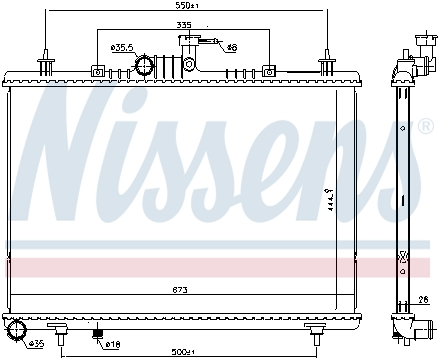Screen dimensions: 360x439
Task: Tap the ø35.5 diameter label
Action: pyautogui.click(x=122, y=47)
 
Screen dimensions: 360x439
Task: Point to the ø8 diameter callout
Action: pyautogui.click(x=231, y=47)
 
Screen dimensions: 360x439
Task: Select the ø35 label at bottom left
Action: pyautogui.click(x=36, y=344)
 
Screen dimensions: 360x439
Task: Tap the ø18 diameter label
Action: pyautogui.click(x=112, y=344)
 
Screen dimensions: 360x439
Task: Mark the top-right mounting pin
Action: pyautogui.click(x=326, y=63)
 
